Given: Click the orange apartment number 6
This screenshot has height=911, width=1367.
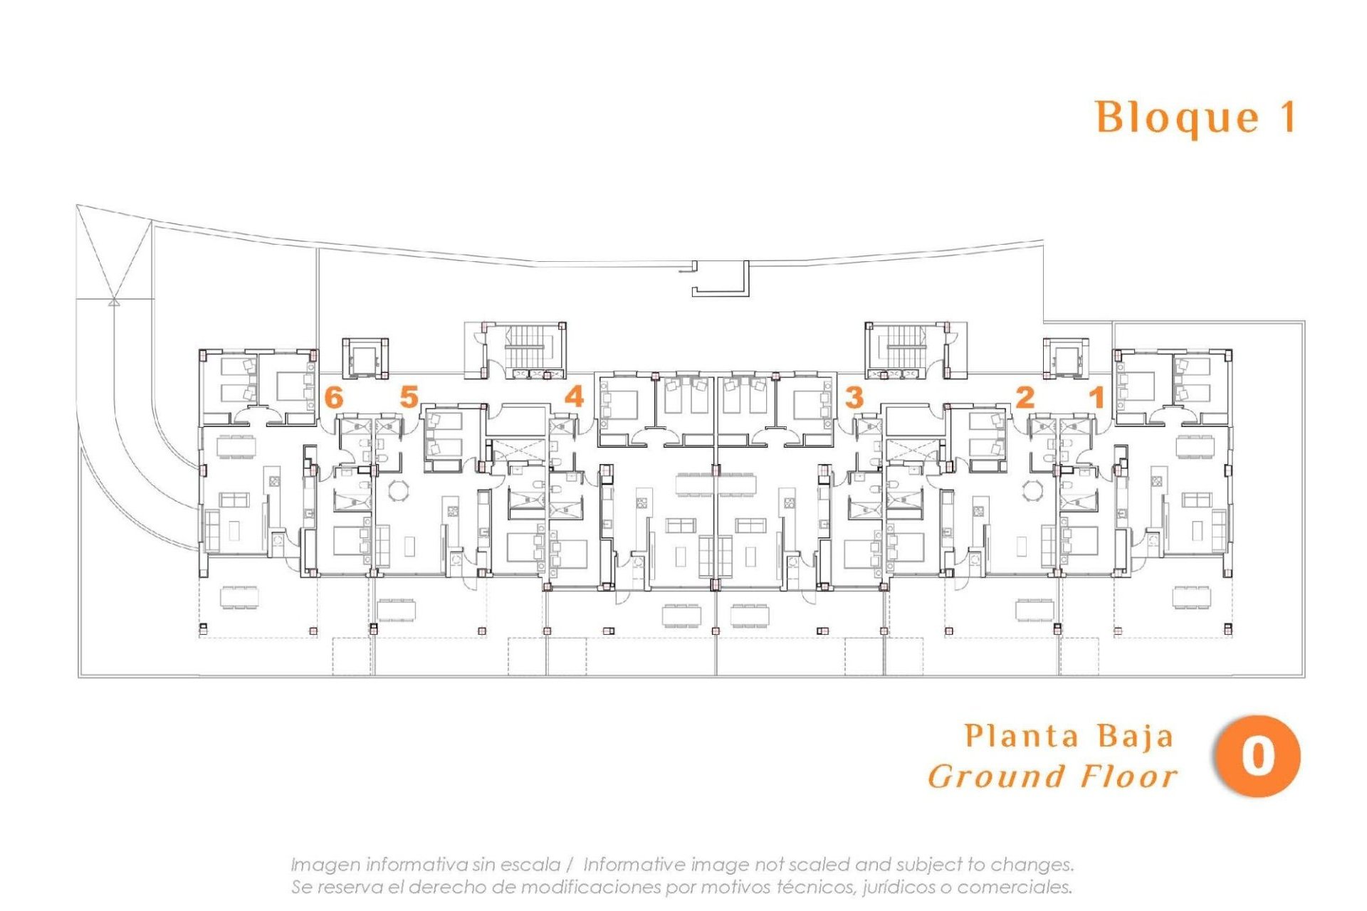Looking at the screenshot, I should click(333, 396).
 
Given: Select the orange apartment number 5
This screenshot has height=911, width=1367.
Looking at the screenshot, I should click(409, 396).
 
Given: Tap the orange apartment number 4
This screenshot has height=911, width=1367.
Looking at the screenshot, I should click(574, 396).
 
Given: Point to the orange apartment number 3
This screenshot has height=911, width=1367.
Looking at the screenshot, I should click(854, 396).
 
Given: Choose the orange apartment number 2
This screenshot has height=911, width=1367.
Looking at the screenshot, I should click(1025, 396).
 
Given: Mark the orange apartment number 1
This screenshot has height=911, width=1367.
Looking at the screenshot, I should click(1097, 396).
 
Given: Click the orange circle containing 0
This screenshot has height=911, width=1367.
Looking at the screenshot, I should click(1257, 756).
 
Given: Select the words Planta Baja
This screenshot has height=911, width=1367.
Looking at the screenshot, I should click(1068, 736).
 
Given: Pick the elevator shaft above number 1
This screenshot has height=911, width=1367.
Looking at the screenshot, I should click(1066, 358).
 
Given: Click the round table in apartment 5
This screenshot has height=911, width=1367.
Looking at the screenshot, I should click(399, 490).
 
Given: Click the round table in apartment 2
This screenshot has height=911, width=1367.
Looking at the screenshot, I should click(1032, 490).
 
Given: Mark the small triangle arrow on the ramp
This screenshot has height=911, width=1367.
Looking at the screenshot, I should click(113, 301).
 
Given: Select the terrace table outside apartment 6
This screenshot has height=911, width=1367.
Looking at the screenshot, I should click(239, 596).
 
